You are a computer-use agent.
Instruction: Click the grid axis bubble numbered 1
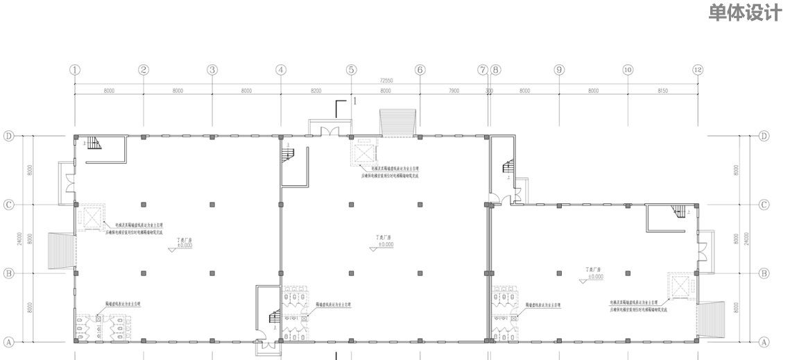[x=75, y=70]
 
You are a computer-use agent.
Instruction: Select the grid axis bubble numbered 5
[x=351, y=70]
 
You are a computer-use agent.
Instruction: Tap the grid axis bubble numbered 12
[x=698, y=70]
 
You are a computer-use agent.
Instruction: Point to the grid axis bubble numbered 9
[x=559, y=70]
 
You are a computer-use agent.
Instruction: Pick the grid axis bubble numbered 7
[x=483, y=70]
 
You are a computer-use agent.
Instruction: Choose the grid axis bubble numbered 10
[x=628, y=70]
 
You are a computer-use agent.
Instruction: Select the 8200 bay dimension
[x=316, y=90]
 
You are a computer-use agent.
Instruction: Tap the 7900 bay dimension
[x=454, y=90]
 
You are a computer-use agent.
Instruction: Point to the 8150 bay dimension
[x=662, y=90]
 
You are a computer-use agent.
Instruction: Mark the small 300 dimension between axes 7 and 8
[x=489, y=90]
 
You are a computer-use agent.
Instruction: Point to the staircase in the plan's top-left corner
[x=93, y=144]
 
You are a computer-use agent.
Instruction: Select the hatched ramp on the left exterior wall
[x=61, y=250]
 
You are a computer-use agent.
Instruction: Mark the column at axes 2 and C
[x=144, y=205]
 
